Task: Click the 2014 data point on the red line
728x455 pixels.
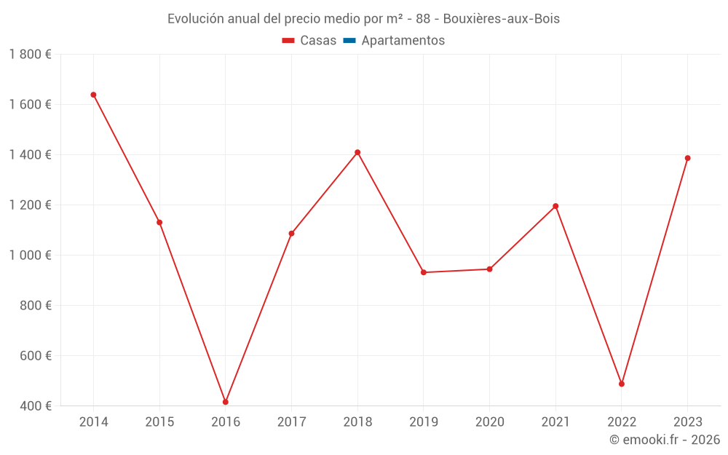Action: (x=93, y=95)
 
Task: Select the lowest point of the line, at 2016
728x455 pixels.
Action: (x=226, y=402)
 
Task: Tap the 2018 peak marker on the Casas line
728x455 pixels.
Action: (x=357, y=152)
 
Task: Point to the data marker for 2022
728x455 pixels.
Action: (x=622, y=384)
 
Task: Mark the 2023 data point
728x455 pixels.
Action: (x=687, y=158)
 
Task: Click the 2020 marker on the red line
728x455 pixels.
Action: (x=490, y=269)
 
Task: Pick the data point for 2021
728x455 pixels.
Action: (x=555, y=206)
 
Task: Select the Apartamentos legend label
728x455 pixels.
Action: (x=403, y=41)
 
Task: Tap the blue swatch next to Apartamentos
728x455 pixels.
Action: (x=349, y=41)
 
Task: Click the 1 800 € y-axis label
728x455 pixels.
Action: (x=30, y=55)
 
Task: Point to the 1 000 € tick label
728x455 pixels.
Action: (x=30, y=256)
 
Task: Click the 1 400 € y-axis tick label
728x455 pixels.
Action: (x=30, y=155)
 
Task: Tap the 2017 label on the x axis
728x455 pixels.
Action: (x=291, y=422)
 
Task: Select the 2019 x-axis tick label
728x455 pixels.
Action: (x=424, y=422)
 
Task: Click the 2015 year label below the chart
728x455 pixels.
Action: (x=159, y=422)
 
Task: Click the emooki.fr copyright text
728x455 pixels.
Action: (x=665, y=440)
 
